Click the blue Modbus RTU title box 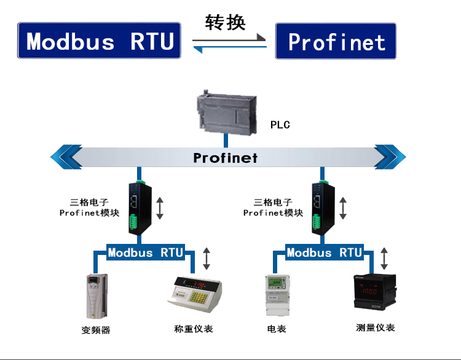100,41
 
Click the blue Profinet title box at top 336,41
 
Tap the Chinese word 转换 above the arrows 225,22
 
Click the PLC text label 280,125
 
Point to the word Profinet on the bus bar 225,158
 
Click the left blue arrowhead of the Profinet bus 66,157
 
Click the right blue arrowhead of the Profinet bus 390,157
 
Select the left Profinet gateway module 136,207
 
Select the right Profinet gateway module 318,207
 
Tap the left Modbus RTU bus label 145,252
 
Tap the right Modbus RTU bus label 324,252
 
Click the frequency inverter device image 94,295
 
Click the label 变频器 96,330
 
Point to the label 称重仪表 194,329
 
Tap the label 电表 277,329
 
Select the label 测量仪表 375,327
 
